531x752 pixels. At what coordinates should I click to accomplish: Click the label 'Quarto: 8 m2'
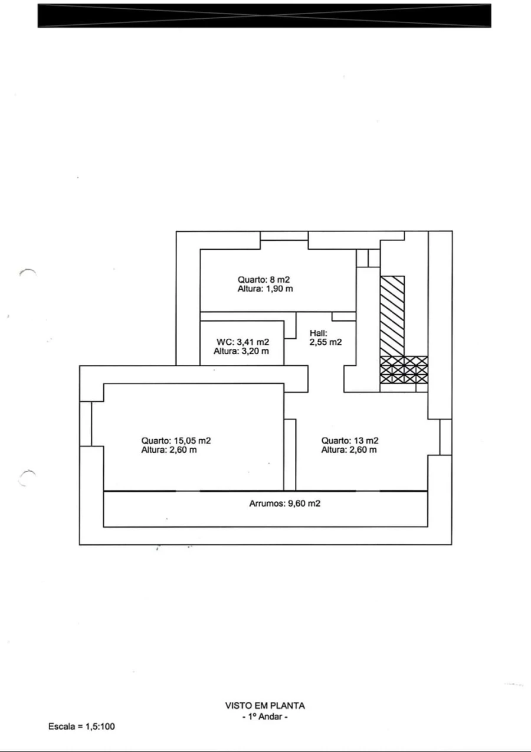(264, 279)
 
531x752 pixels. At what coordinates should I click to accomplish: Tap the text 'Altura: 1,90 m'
(265, 289)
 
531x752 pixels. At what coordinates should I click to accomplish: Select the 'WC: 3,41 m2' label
(242, 342)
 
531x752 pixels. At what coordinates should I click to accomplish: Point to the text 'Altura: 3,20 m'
(241, 351)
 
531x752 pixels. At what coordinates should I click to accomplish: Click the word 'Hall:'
(318, 333)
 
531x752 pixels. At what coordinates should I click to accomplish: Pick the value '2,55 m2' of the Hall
(326, 342)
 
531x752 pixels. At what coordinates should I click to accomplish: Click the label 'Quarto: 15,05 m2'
(176, 440)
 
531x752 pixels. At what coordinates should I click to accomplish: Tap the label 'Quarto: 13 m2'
(350, 440)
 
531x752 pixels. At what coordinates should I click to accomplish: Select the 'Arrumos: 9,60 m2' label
(284, 503)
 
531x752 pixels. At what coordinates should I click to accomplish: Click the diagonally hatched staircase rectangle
(392, 316)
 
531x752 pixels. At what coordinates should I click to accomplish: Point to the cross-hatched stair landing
(404, 370)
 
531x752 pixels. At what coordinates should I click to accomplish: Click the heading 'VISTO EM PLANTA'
(265, 706)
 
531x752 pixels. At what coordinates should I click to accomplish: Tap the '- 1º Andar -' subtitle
(265, 717)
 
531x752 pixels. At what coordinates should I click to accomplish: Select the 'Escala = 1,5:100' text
(81, 727)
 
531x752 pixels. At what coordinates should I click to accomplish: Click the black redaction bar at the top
(264, 15)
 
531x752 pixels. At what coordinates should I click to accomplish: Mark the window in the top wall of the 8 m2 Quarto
(284, 236)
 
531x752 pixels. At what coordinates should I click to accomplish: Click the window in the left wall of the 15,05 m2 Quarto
(86, 424)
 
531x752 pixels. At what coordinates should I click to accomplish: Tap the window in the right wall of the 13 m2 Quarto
(445, 437)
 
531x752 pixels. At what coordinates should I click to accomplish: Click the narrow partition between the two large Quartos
(290, 455)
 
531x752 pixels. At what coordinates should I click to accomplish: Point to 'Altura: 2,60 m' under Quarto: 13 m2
(349, 450)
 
